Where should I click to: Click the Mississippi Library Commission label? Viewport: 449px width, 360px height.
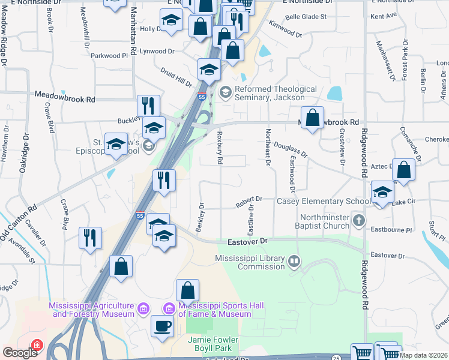[x=250, y=259]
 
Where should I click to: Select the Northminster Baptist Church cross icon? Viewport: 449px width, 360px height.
[x=359, y=220]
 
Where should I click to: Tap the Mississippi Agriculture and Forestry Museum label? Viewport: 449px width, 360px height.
[x=93, y=310]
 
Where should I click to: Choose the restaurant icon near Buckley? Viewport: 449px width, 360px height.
[x=148, y=106]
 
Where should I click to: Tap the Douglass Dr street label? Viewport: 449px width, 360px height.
[x=291, y=150]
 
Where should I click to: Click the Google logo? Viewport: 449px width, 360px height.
[x=20, y=352]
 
